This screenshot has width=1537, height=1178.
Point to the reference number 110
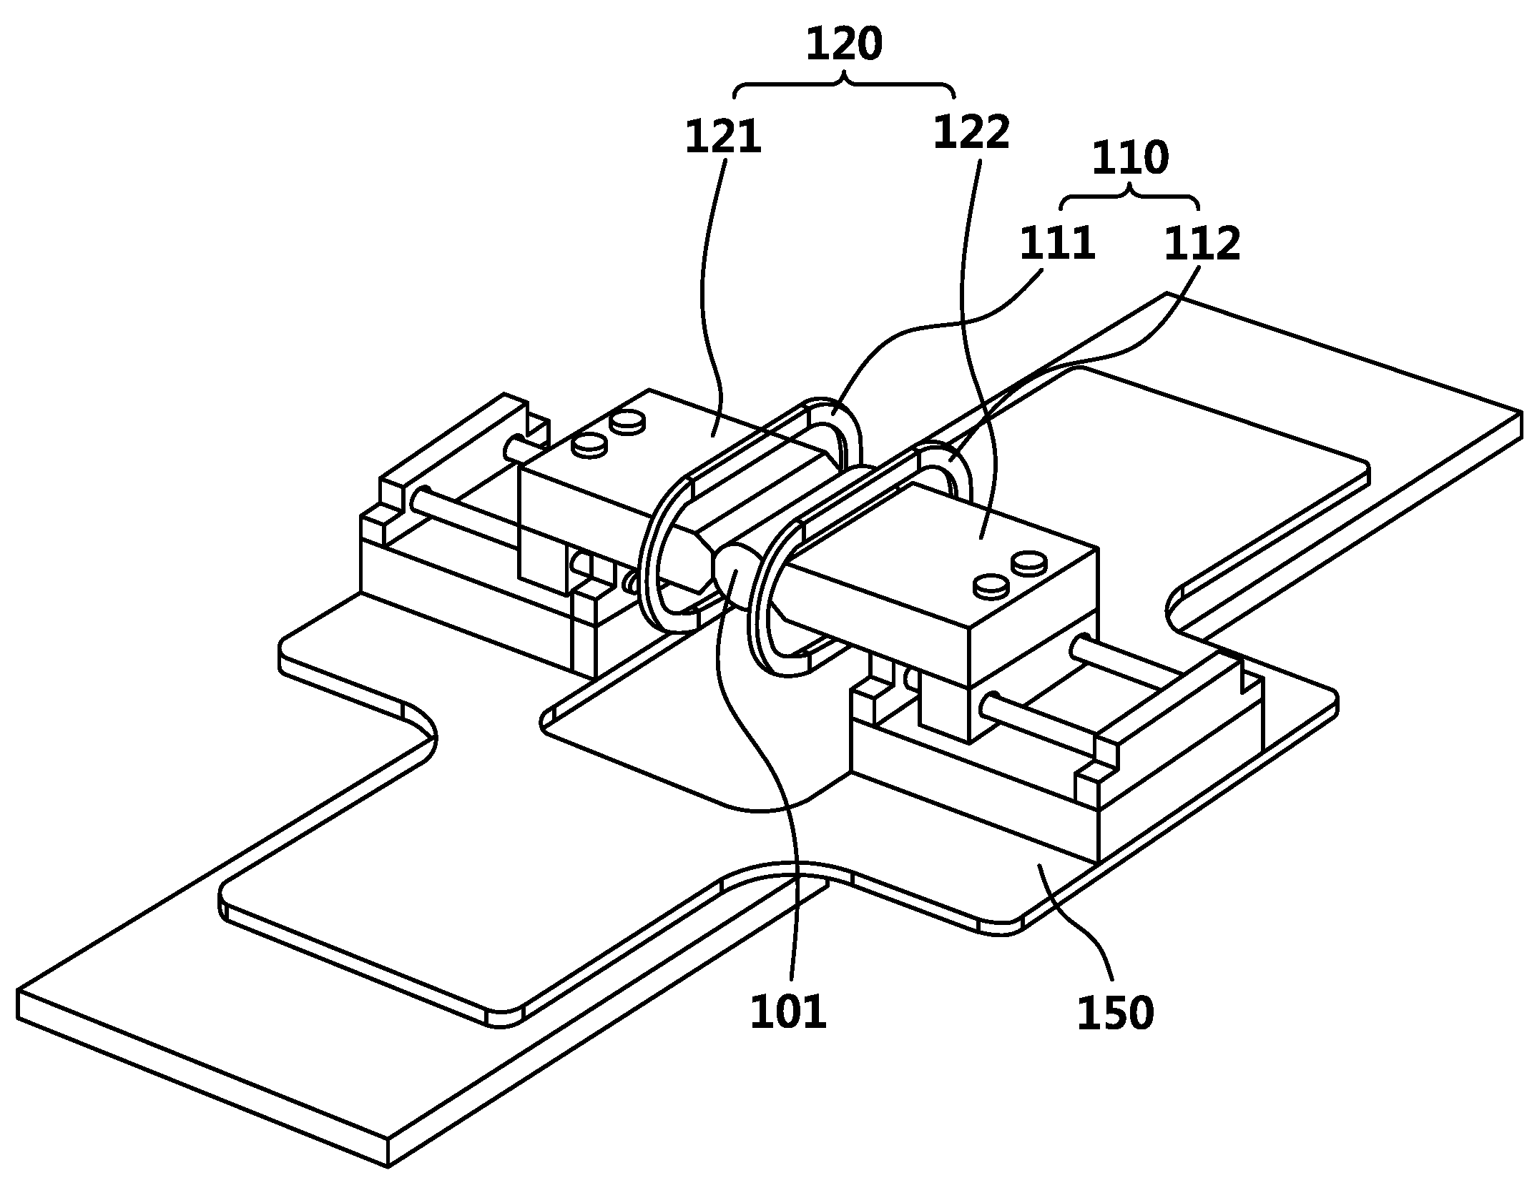pyautogui.click(x=1130, y=158)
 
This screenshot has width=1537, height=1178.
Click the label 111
pyautogui.click(x=1057, y=244)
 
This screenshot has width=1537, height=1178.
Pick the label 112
pyautogui.click(x=1202, y=244)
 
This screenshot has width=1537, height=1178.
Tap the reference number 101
pyautogui.click(x=787, y=1013)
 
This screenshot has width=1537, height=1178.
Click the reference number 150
pyautogui.click(x=1115, y=1013)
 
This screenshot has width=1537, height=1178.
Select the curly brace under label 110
pyautogui.click(x=1130, y=197)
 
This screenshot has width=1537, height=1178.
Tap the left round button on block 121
pyautogui.click(x=590, y=445)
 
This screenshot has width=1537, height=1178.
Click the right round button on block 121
pyautogui.click(x=627, y=422)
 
